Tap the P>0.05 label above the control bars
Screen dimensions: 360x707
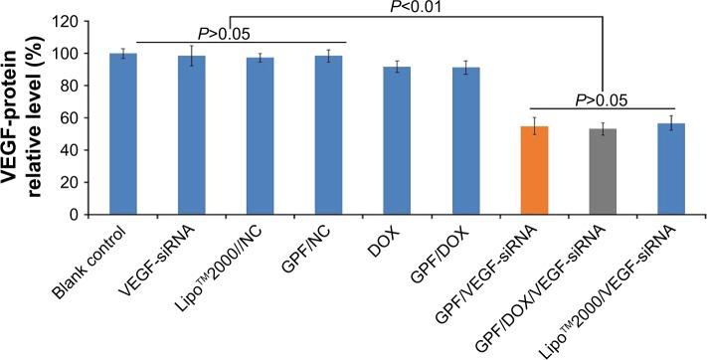pyautogui.click(x=232, y=34)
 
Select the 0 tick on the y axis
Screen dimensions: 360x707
pyautogui.click(x=98, y=214)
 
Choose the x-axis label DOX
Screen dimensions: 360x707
pyautogui.click(x=389, y=239)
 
